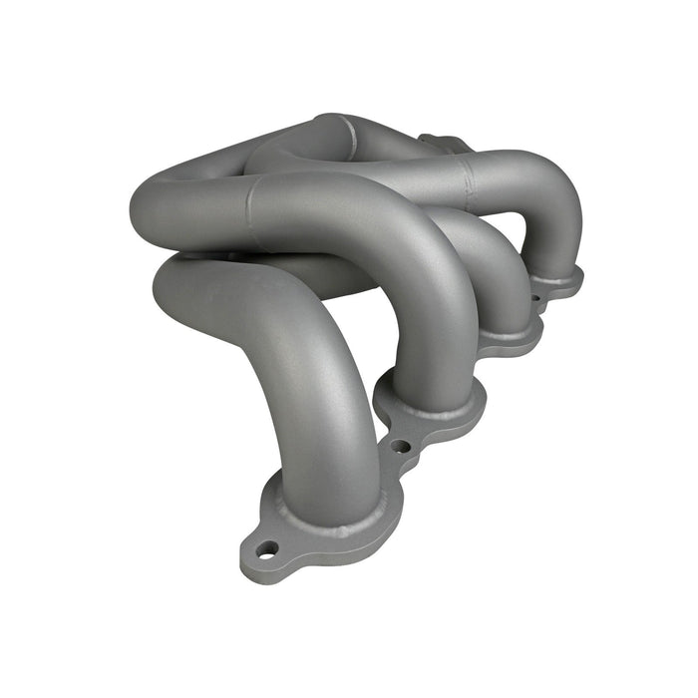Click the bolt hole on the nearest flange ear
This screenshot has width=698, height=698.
[266, 548]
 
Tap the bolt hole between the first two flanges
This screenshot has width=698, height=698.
[400, 446]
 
